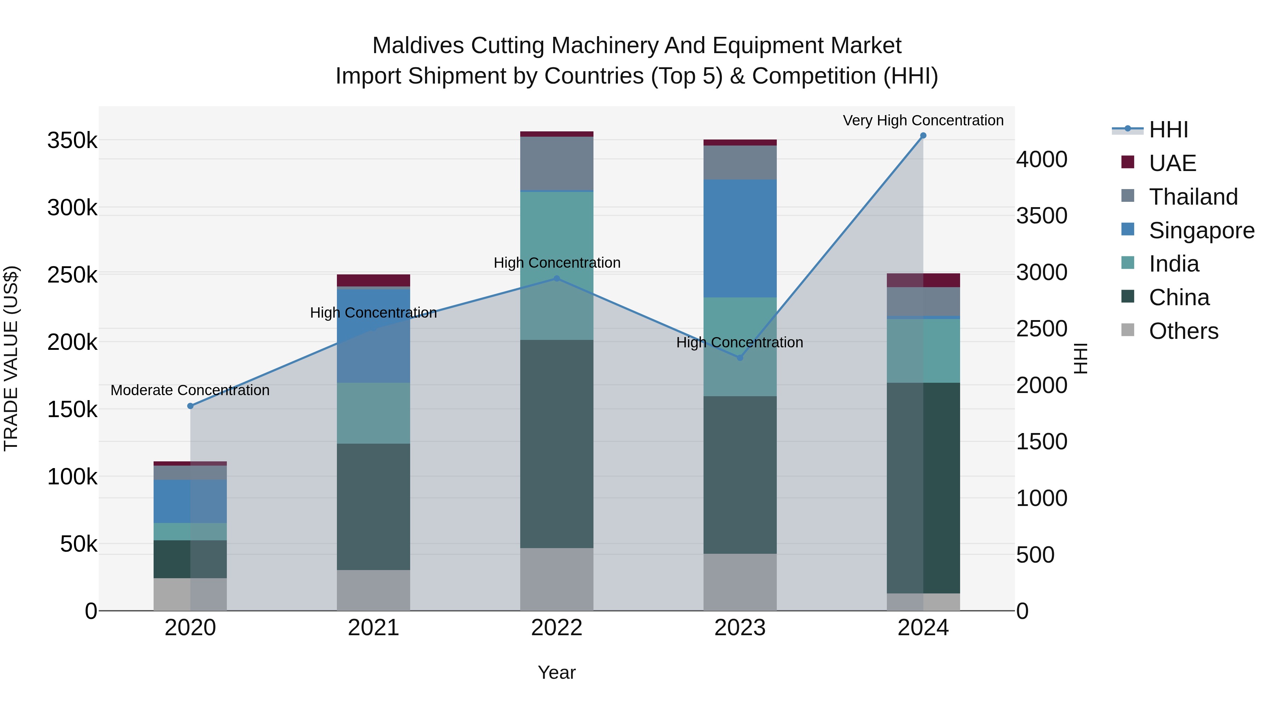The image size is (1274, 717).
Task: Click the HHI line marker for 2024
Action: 923,136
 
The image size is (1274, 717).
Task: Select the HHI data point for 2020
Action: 190,406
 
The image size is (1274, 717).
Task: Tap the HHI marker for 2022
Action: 556,279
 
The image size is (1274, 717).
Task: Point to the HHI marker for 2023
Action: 740,358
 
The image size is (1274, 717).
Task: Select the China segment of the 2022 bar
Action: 556,444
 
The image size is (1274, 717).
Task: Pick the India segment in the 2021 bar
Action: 373,413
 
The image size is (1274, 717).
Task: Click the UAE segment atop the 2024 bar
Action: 923,280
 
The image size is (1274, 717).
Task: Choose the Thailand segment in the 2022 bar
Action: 556,163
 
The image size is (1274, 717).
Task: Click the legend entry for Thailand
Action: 1193,197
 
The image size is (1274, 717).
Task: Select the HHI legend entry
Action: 1168,130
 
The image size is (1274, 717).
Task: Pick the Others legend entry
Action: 1183,331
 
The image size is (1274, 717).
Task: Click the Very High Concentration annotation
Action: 923,120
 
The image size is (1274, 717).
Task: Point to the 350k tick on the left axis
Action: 72,141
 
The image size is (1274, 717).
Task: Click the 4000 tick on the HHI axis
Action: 1041,159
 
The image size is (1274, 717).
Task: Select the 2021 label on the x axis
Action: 373,628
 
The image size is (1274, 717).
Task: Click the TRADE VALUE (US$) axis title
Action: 11,358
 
